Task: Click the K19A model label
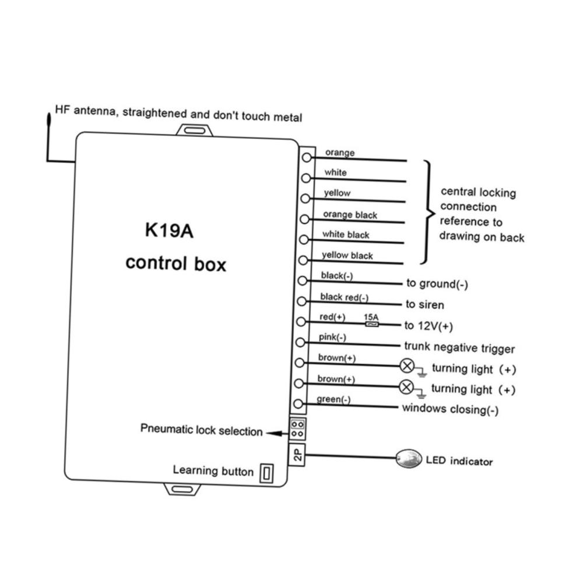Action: coord(169,230)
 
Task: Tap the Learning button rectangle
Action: coord(266,473)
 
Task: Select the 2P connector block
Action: coord(297,454)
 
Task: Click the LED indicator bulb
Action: coord(409,458)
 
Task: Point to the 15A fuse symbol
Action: coord(372,324)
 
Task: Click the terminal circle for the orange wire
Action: coord(307,157)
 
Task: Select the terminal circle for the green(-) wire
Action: coord(298,403)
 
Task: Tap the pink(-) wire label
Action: coord(332,337)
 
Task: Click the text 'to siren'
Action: coord(425,304)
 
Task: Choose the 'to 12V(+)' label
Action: coord(429,326)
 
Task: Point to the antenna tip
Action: coord(49,114)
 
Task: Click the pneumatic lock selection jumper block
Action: coord(297,429)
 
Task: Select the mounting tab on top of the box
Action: coord(195,130)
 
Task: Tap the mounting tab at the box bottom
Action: coord(182,489)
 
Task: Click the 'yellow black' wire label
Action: coord(347,255)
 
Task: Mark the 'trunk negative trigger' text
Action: coord(459,347)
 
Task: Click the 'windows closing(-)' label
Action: coord(450,409)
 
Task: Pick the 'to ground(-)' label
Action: coord(437,284)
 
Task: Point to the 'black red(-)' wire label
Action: coord(345,297)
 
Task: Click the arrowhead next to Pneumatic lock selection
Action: coord(274,433)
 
